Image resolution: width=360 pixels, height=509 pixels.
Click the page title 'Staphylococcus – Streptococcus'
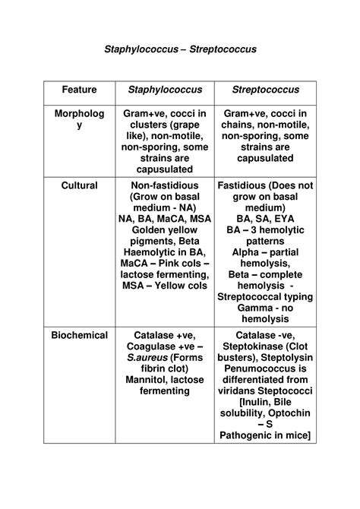pyautogui.click(x=181, y=49)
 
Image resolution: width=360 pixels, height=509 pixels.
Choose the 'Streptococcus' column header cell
pyautogui.click(x=265, y=90)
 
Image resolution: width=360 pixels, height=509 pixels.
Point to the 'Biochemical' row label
pyautogui.click(x=79, y=334)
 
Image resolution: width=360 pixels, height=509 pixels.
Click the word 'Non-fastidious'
pyautogui.click(x=164, y=185)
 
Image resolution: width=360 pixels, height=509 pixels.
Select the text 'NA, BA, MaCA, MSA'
pyautogui.click(x=164, y=219)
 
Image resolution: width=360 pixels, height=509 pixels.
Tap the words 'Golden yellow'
pyautogui.click(x=164, y=229)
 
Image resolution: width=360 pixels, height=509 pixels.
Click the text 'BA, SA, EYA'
pyautogui.click(x=265, y=219)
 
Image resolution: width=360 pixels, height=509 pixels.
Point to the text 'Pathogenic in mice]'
pyautogui.click(x=265, y=436)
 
